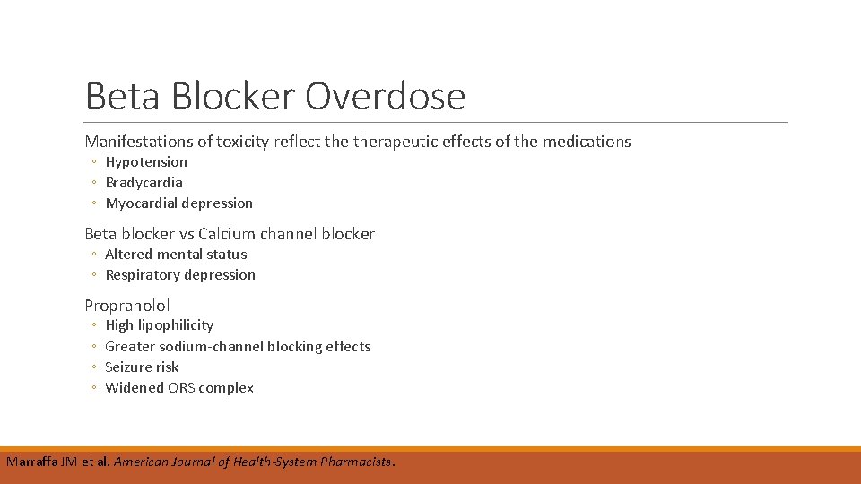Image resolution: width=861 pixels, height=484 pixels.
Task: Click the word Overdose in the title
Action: coord(385,96)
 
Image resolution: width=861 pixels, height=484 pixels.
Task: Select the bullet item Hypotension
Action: coord(146,162)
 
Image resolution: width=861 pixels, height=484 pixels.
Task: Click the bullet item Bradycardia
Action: coord(143,183)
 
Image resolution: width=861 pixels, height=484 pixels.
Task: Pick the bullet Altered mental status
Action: coord(176,255)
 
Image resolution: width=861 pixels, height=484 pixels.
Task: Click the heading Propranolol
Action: coord(127,306)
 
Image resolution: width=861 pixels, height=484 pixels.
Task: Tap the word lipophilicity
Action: coord(177,325)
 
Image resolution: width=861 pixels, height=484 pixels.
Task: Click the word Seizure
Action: coord(130,367)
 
